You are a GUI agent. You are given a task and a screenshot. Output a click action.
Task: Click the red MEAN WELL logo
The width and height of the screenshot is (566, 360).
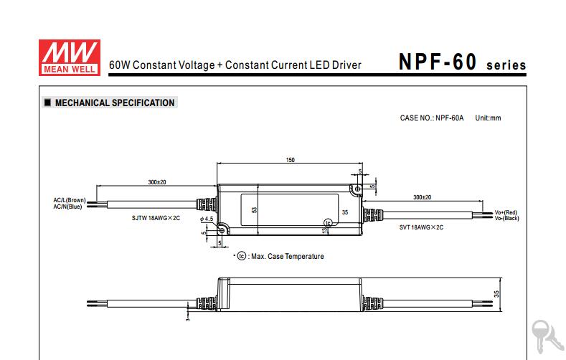70,57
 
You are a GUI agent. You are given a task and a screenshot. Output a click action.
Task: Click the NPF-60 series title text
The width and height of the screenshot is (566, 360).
462,62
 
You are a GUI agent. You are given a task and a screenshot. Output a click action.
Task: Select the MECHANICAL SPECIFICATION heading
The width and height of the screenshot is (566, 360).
115,103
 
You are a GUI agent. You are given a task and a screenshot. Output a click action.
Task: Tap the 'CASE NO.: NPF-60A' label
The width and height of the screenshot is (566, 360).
432,118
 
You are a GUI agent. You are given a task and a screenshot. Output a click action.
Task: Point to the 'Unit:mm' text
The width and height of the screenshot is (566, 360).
488,118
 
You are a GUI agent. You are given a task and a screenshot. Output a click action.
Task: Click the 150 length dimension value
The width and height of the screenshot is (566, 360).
291,160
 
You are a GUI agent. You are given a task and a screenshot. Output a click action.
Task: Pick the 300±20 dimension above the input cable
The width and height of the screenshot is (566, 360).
157,182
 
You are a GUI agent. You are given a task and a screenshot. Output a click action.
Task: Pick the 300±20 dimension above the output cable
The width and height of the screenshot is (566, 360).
423,197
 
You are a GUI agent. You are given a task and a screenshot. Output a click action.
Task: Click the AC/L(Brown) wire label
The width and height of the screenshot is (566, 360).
70,200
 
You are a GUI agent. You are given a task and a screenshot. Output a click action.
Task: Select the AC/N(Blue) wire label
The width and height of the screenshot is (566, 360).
68,207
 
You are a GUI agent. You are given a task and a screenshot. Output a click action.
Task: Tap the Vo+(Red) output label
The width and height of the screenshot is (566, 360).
506,212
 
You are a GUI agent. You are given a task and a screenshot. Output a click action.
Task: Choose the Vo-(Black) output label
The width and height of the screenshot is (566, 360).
506,218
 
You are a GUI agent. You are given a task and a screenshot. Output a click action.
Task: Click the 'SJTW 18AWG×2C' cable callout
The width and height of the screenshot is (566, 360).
156,218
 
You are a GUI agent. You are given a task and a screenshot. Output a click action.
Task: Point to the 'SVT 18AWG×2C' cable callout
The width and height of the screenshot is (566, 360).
421,227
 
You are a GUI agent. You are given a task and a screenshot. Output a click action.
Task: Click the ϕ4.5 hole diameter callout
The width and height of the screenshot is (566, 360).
207,219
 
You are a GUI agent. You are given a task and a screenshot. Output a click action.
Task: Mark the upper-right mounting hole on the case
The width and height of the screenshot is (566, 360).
358,189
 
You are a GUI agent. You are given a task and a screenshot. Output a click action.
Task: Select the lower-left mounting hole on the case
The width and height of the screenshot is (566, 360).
222,230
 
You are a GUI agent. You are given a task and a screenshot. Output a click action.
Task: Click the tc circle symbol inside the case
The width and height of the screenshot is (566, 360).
328,223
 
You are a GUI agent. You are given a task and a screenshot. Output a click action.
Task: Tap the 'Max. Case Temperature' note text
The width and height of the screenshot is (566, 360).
288,257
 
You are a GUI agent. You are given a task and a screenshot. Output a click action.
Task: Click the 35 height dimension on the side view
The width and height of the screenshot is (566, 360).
496,294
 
